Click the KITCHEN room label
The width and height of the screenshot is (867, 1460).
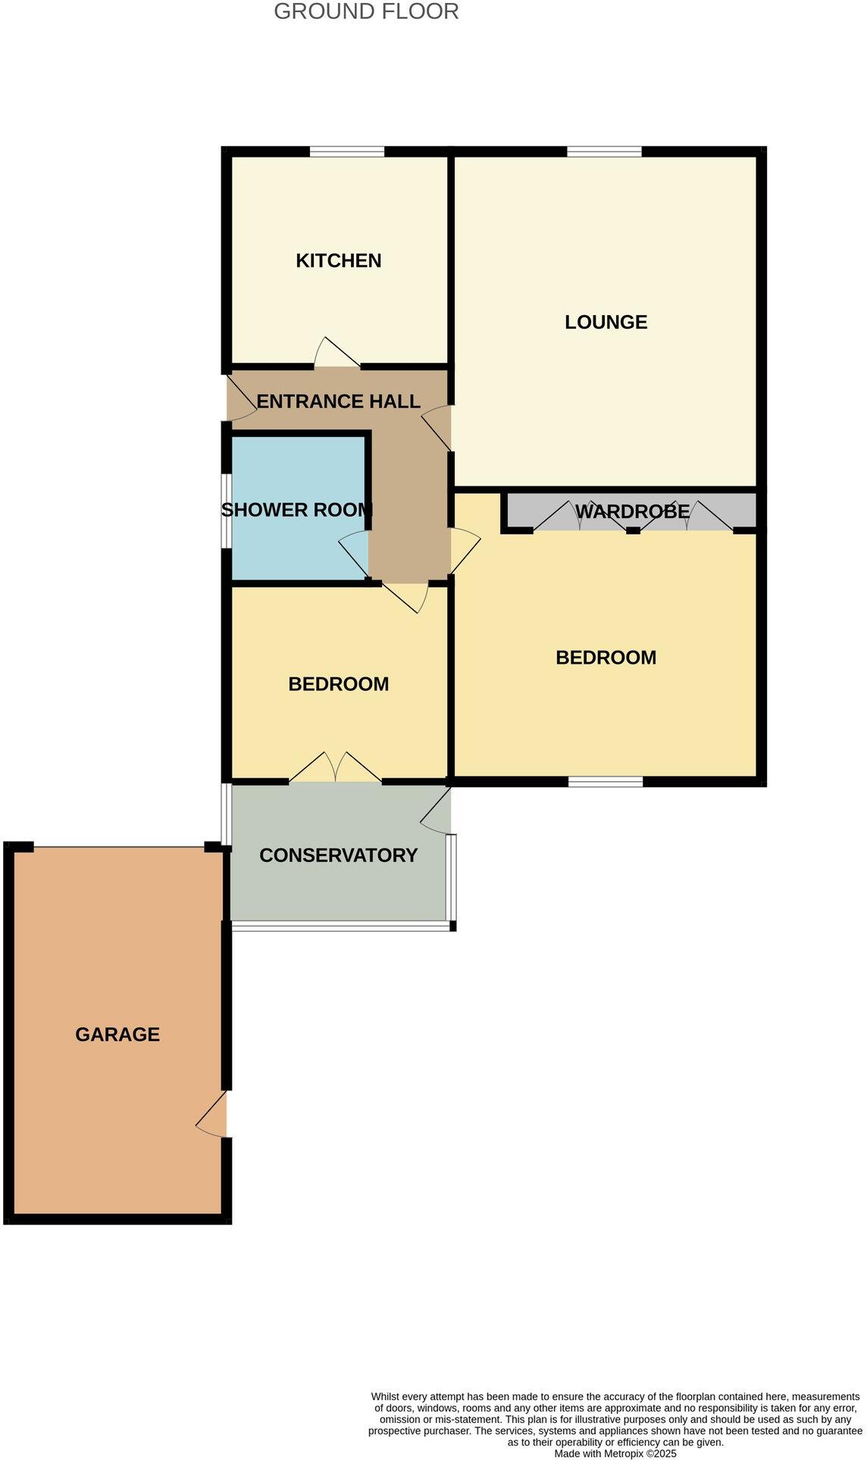coord(338,261)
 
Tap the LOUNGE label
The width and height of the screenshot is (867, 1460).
coord(606,322)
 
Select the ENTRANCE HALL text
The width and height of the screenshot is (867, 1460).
coord(338,402)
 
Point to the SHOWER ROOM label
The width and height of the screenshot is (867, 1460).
coord(296,510)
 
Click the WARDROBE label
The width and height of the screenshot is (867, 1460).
coord(632,511)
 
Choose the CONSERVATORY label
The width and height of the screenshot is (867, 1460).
coord(338,855)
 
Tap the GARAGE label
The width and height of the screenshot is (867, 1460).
coord(117,1034)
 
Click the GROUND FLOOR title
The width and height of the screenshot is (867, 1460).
coord(366,11)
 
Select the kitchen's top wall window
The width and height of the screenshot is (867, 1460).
coord(347,152)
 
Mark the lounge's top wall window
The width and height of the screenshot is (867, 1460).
coord(604,152)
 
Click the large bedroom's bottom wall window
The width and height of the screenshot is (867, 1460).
coord(606,781)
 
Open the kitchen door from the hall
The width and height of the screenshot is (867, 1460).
coord(336,355)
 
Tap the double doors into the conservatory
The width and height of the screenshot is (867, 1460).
coord(335,768)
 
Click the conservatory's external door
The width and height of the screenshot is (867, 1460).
coord(437,810)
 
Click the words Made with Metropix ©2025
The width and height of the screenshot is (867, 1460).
coord(615,1453)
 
